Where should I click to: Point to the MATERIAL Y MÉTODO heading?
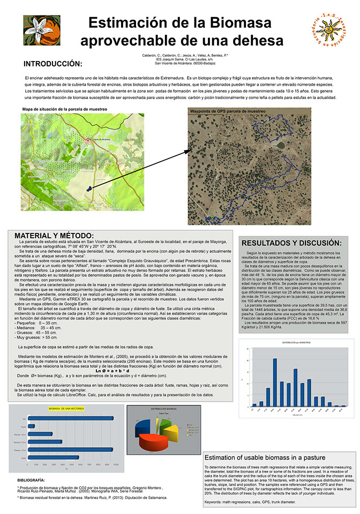(x=54, y=236)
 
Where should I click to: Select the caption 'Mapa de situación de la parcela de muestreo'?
(x=65, y=109)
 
